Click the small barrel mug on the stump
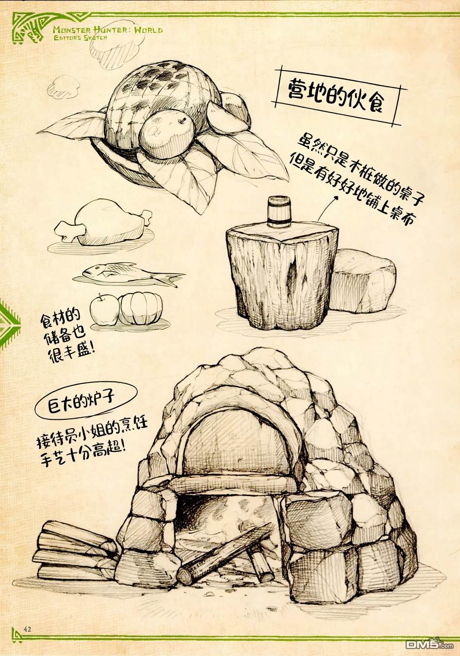click(279, 211)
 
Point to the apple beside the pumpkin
click(105, 310)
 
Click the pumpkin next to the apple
click(141, 309)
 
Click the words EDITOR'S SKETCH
click(81, 37)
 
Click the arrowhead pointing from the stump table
click(337, 198)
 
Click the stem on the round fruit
click(183, 120)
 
